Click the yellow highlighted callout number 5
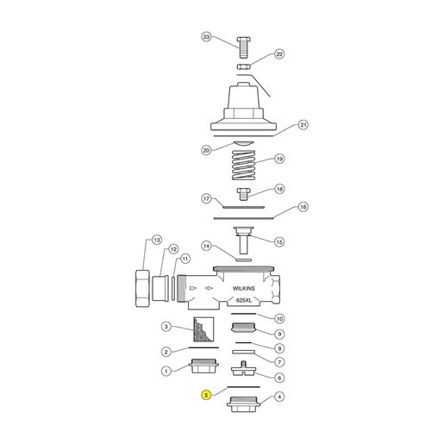tap(206, 395)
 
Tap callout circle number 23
tap(206, 37)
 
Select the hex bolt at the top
tap(243, 47)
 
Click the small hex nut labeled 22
tap(244, 66)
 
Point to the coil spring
tap(243, 166)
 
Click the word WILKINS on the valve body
tap(243, 288)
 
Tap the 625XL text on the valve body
tap(244, 300)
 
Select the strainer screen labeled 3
tap(203, 329)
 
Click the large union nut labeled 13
tap(142, 288)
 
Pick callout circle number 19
tap(279, 159)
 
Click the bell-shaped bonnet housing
tap(243, 107)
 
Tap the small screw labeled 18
tap(243, 194)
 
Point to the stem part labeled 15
tap(243, 241)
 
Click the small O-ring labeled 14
tap(243, 260)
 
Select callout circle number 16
tap(303, 207)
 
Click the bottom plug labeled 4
tap(243, 404)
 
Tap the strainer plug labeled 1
tap(203, 366)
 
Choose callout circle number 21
tap(303, 125)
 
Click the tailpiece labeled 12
tap(160, 289)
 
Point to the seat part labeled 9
tap(243, 328)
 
